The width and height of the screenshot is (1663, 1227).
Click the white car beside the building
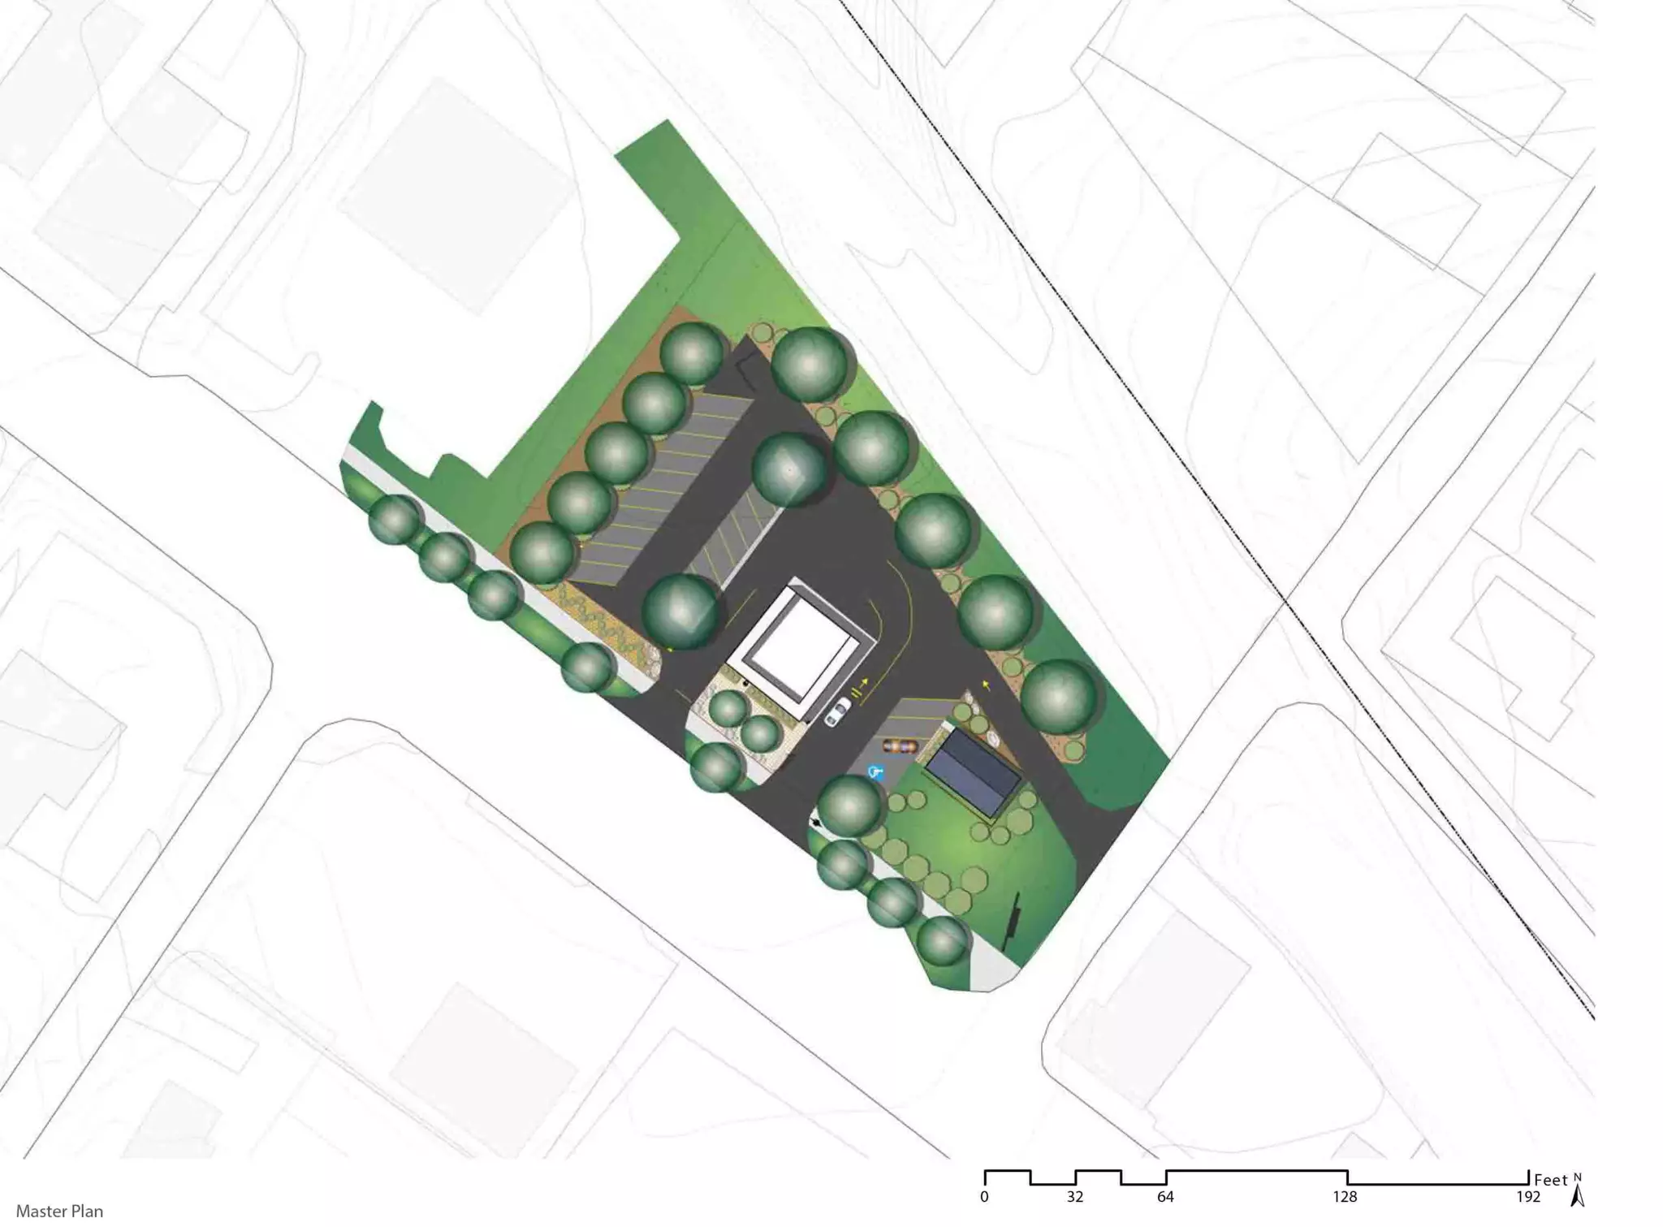point(837,712)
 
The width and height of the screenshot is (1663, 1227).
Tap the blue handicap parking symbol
point(875,772)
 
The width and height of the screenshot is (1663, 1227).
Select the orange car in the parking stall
point(899,745)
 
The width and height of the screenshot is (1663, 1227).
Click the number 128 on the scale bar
point(1345,1197)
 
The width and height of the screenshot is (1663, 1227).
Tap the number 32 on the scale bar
point(1075,1197)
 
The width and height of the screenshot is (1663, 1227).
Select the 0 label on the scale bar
point(984,1197)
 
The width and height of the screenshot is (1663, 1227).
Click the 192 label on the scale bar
point(1527,1197)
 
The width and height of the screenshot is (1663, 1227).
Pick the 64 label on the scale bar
point(1165,1197)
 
